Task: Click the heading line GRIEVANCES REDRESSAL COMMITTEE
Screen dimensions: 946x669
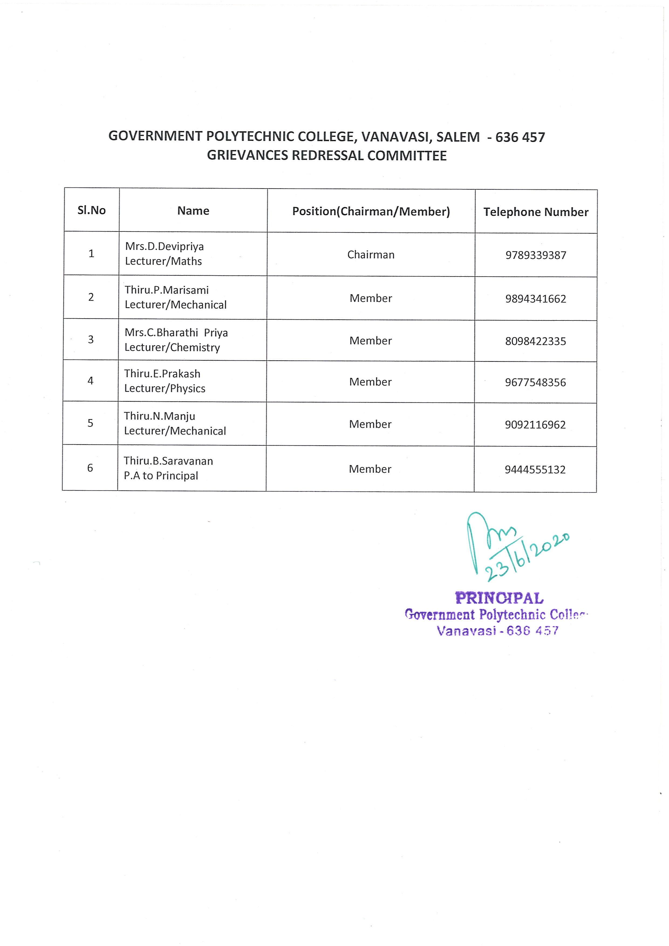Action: (x=327, y=156)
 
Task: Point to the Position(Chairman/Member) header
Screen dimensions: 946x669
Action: (x=371, y=211)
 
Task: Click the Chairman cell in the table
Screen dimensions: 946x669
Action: (x=371, y=255)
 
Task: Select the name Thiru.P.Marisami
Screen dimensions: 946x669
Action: (x=167, y=290)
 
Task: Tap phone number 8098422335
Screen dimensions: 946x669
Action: (x=535, y=341)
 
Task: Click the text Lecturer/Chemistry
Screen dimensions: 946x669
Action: (x=172, y=347)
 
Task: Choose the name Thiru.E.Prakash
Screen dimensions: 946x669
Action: (x=162, y=374)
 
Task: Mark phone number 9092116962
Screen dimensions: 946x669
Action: (x=535, y=425)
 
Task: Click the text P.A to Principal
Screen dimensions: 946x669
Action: (x=161, y=476)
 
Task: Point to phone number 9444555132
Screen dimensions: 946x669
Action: (x=535, y=470)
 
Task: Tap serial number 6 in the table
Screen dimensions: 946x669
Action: (x=90, y=468)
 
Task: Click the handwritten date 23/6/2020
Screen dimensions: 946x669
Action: (x=527, y=557)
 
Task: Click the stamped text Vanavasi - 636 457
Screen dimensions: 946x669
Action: (x=498, y=631)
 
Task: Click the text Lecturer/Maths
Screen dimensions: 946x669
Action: (x=163, y=261)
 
